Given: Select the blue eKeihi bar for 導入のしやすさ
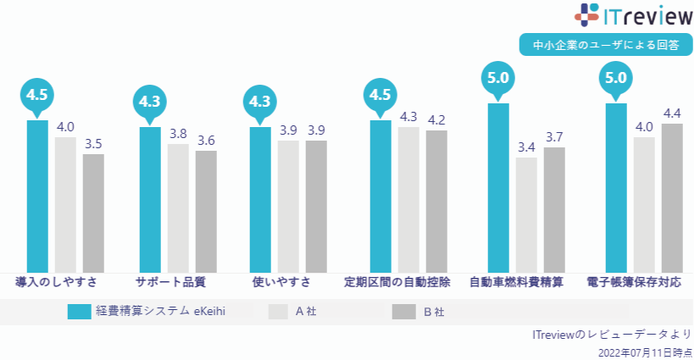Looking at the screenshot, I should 37,195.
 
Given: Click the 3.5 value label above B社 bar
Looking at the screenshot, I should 93,143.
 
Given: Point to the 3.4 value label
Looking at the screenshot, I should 526,147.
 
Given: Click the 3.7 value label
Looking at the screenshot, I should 554,136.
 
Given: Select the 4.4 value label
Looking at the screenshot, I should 673,113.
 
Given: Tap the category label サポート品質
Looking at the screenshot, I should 170,281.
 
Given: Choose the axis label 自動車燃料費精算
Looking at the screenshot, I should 516,281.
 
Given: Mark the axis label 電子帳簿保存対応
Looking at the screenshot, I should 634,281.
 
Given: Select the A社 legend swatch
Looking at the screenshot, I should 279,312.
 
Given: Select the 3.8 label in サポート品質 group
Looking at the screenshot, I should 178,133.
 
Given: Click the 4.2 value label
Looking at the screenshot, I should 436,119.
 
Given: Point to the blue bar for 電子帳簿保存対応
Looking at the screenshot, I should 616,186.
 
